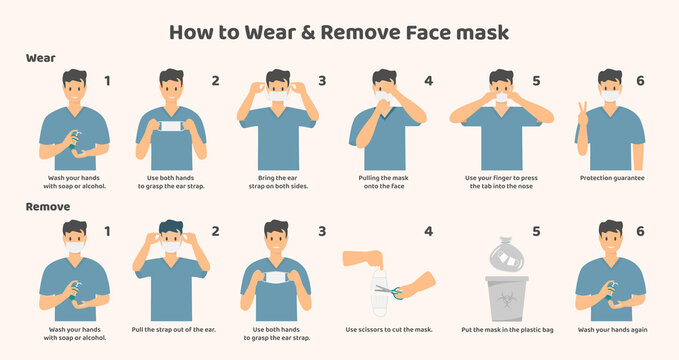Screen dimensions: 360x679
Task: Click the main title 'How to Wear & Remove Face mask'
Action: pyautogui.click(x=339, y=31)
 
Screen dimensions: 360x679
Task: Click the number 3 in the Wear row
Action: pyautogui.click(x=322, y=81)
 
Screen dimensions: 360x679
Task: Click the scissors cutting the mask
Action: pyautogui.click(x=385, y=291)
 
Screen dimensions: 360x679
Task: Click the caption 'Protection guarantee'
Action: pyautogui.click(x=612, y=178)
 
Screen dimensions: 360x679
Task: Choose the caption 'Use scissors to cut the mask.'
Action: pyautogui.click(x=390, y=329)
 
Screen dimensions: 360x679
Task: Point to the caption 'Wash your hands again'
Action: pyautogui.click(x=612, y=329)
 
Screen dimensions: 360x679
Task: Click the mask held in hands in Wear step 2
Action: pyautogui.click(x=171, y=127)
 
